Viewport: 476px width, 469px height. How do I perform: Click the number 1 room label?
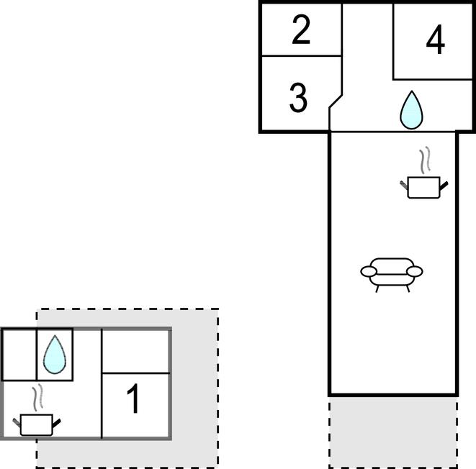point(133,400)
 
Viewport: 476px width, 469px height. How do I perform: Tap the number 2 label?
point(301,30)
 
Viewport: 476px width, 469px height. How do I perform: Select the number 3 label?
point(298,99)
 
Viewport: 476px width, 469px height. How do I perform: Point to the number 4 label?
point(435,41)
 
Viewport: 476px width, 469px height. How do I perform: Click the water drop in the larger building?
point(411,110)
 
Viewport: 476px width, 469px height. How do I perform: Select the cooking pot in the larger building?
point(423,187)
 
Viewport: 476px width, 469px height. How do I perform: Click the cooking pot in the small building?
point(36,424)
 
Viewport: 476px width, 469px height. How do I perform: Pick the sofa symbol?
point(392,272)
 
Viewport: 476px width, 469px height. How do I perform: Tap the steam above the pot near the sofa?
point(426,160)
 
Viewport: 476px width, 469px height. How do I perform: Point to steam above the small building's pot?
point(39,396)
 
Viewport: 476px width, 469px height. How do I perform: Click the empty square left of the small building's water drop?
point(19,354)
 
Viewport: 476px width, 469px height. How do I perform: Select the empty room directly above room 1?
point(136,351)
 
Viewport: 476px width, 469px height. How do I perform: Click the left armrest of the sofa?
point(369,271)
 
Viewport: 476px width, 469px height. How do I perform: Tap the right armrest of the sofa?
point(415,271)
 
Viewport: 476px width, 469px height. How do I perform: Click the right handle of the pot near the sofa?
point(444,186)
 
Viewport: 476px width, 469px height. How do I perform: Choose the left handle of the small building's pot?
point(16,420)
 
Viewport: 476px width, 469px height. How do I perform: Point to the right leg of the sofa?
point(408,287)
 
